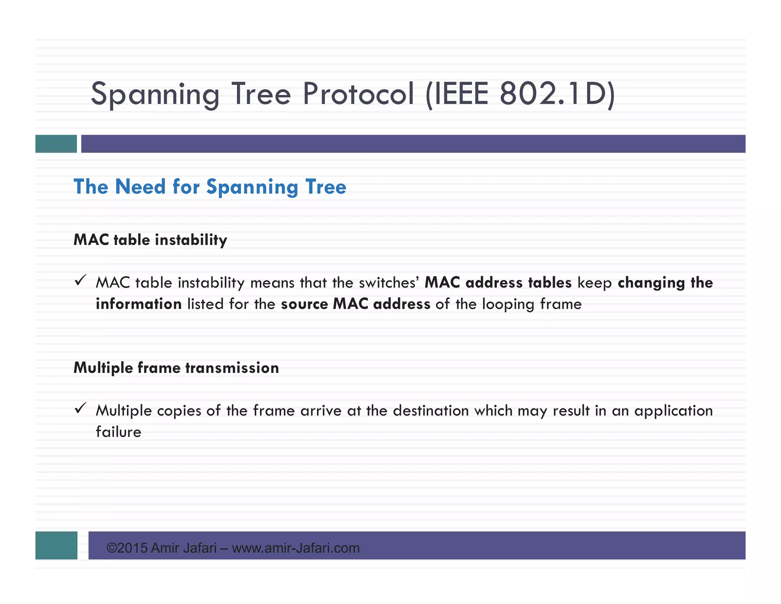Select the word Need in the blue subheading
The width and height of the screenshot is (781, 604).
click(140, 187)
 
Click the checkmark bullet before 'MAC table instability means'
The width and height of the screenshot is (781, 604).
click(80, 281)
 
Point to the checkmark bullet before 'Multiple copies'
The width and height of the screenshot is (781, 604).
click(80, 409)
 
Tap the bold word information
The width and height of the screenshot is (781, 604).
click(138, 304)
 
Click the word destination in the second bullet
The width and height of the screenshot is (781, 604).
click(431, 411)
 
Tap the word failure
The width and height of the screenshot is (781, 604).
click(118, 432)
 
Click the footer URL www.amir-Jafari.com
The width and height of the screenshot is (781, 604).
click(296, 548)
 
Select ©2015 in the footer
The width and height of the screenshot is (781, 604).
click(127, 548)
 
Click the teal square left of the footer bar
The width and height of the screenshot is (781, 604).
click(56, 545)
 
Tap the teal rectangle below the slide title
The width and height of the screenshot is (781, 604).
click(56, 144)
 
